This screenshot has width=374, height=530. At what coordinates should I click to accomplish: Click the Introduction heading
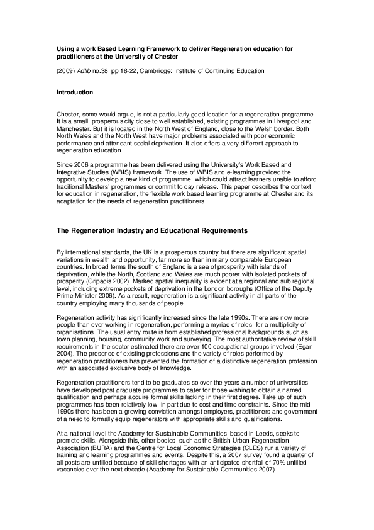pos(75,93)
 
